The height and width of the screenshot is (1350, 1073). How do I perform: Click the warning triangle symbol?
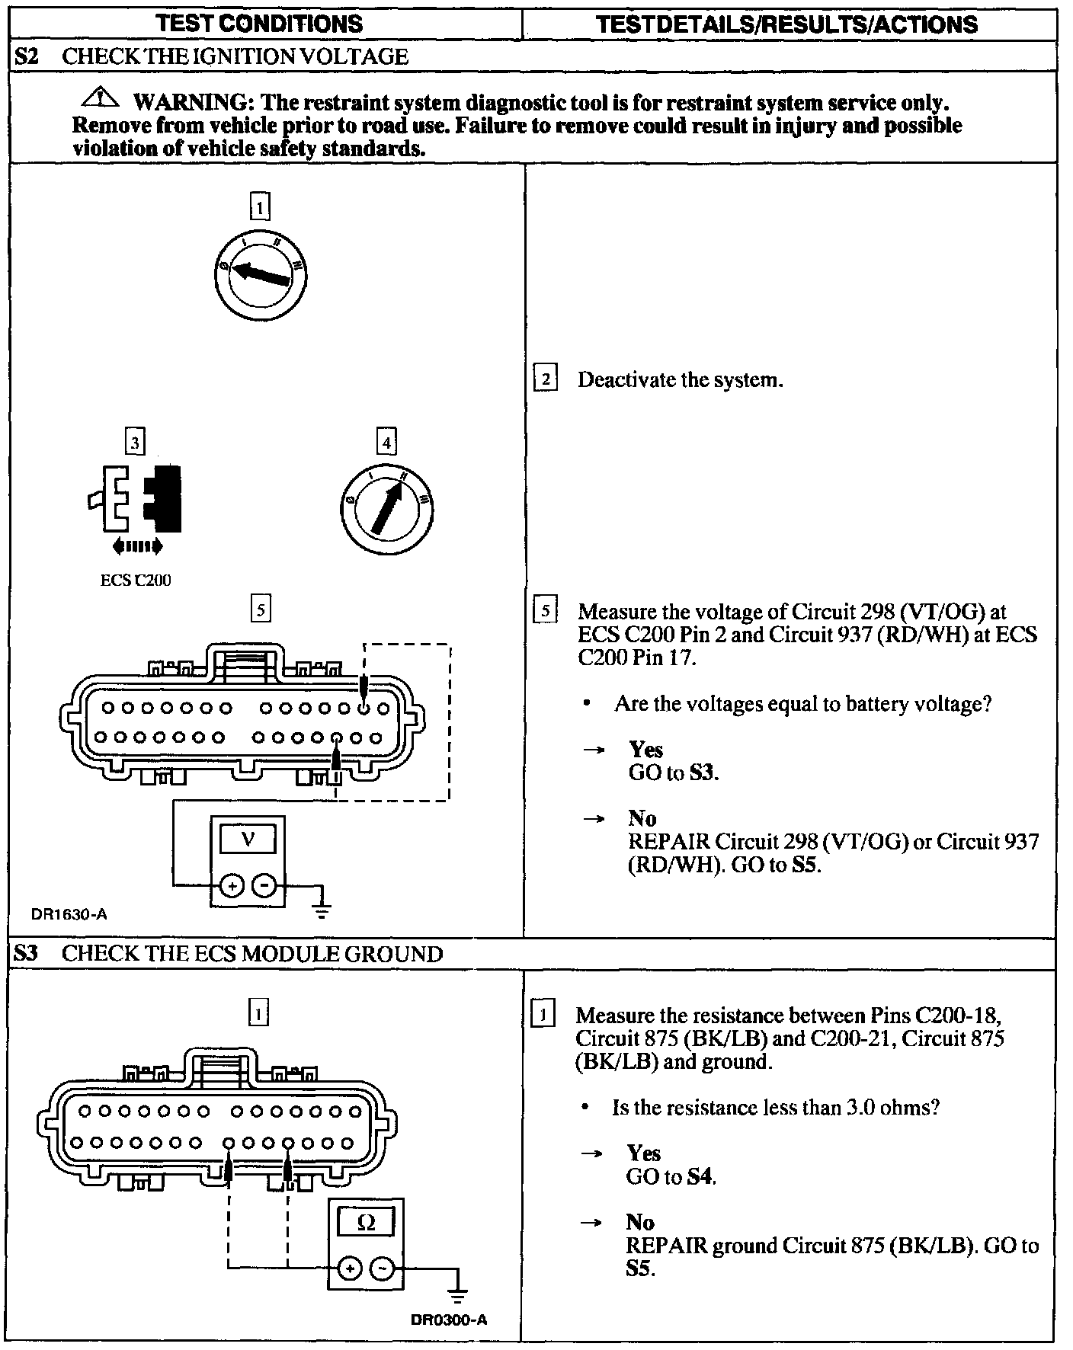[x=104, y=98]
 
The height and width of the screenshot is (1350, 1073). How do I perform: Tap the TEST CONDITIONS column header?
[x=259, y=24]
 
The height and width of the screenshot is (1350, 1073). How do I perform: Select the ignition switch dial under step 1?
[x=260, y=275]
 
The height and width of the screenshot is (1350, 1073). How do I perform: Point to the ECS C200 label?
[x=136, y=580]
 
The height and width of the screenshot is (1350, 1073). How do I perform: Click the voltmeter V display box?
[x=248, y=840]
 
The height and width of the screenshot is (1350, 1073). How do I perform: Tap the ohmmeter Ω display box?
[x=366, y=1222]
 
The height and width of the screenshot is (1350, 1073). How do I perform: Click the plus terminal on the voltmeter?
[x=232, y=886]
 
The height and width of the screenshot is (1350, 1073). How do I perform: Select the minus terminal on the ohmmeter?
[x=383, y=1268]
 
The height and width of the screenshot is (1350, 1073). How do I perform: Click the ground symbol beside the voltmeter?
[x=322, y=907]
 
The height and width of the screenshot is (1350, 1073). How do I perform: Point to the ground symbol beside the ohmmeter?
[x=457, y=1295]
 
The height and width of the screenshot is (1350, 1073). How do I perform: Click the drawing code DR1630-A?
[x=69, y=913]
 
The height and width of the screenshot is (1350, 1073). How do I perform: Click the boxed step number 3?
[x=135, y=443]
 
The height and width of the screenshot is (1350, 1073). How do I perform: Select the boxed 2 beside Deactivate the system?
[x=546, y=379]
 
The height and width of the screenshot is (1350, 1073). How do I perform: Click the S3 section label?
[x=26, y=954]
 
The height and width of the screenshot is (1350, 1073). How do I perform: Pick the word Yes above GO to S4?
[x=643, y=1153]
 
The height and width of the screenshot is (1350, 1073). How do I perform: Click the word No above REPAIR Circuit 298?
[x=642, y=817]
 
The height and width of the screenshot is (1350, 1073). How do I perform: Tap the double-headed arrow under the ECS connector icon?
[x=137, y=545]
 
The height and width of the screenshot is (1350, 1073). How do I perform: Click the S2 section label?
[x=27, y=56]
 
